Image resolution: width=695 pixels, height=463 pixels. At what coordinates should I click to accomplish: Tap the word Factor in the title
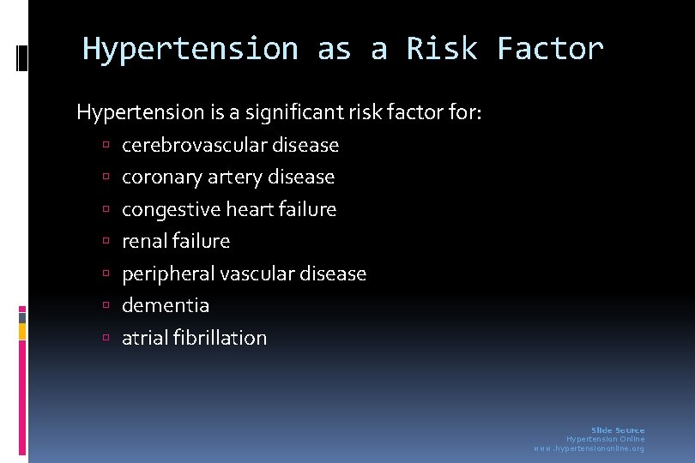[550, 49]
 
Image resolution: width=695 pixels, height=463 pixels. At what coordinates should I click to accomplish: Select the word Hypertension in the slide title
[190, 49]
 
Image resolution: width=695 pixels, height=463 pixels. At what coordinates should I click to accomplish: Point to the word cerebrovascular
[195, 145]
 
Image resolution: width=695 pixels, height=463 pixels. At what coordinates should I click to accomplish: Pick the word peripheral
[168, 274]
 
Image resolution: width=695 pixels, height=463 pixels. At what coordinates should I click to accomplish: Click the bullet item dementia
[166, 305]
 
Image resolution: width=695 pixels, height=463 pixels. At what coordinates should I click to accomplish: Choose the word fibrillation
[219, 338]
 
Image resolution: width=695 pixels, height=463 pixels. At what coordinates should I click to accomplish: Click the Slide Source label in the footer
[618, 430]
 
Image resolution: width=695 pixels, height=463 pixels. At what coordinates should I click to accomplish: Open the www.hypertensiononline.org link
[589, 448]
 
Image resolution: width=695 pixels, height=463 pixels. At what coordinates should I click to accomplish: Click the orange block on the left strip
[22, 331]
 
